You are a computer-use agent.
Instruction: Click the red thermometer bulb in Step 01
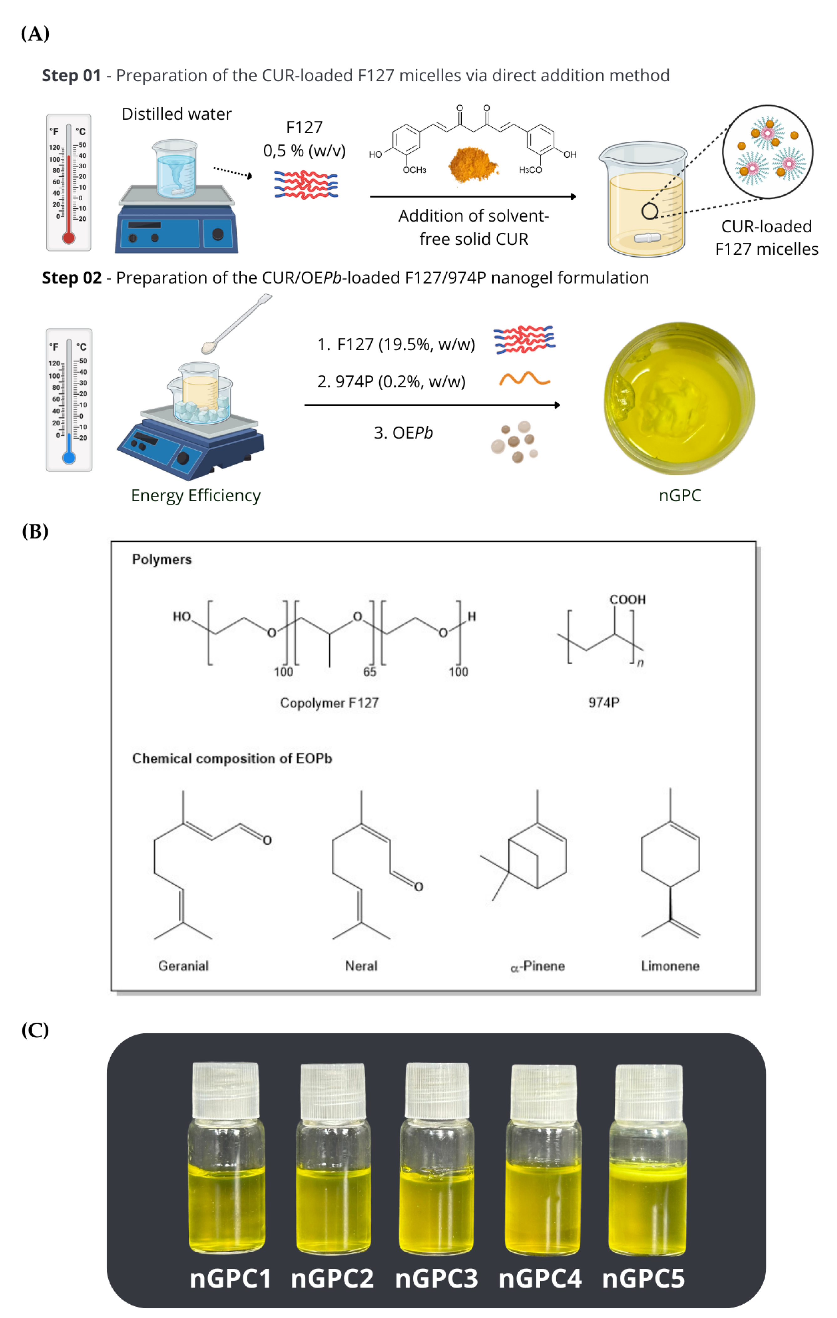(69, 238)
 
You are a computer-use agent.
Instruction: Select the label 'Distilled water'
(176, 114)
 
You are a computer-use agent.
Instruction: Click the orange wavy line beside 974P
(524, 379)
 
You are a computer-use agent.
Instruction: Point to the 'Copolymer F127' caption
(329, 703)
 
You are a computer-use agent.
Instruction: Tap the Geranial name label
(183, 966)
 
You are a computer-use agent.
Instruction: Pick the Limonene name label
(670, 966)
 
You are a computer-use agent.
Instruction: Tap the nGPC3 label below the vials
(436, 1279)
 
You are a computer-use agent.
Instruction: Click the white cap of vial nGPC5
(649, 1092)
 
